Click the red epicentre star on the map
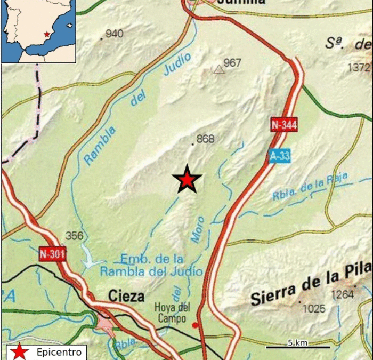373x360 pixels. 187,180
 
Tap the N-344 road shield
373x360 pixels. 283,125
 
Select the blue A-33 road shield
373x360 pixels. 279,156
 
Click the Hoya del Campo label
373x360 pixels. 170,313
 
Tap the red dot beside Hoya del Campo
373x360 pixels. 195,324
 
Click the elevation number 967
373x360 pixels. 232,63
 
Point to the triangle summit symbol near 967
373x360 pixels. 218,69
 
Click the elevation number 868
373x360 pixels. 205,139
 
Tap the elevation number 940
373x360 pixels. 115,34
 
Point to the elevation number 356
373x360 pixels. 75,235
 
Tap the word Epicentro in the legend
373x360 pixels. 59,352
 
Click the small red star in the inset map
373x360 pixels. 47,34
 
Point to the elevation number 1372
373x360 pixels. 358,67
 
